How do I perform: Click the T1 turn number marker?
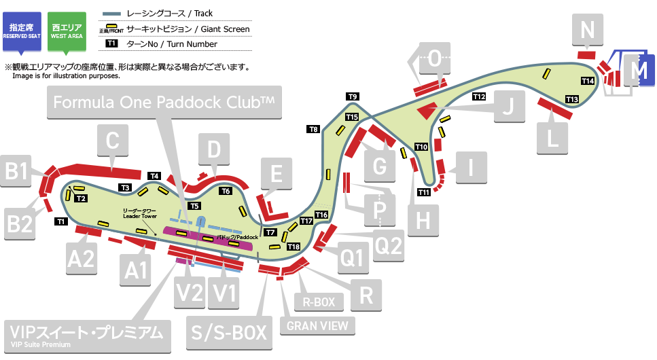(60, 221)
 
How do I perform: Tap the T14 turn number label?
(588, 81)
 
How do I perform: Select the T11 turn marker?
(424, 192)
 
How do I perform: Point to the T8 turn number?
(313, 129)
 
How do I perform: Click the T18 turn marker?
(294, 246)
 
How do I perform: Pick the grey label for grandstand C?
(113, 142)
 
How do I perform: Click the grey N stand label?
(588, 30)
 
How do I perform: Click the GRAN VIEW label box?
(317, 325)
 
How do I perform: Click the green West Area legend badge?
(66, 30)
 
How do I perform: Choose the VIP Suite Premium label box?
(86, 335)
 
